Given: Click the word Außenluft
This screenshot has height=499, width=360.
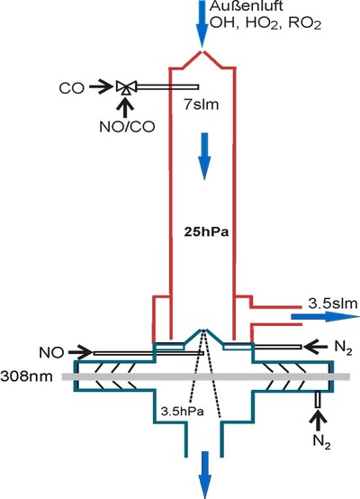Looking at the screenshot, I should tap(238, 7).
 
